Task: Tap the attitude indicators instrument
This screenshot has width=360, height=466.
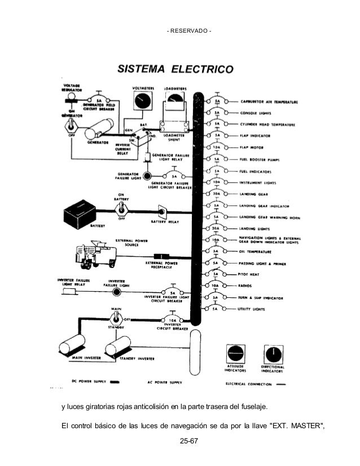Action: click(x=235, y=355)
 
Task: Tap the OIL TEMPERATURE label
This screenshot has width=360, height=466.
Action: click(x=256, y=251)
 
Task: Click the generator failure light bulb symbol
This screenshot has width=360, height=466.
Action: click(x=148, y=177)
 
